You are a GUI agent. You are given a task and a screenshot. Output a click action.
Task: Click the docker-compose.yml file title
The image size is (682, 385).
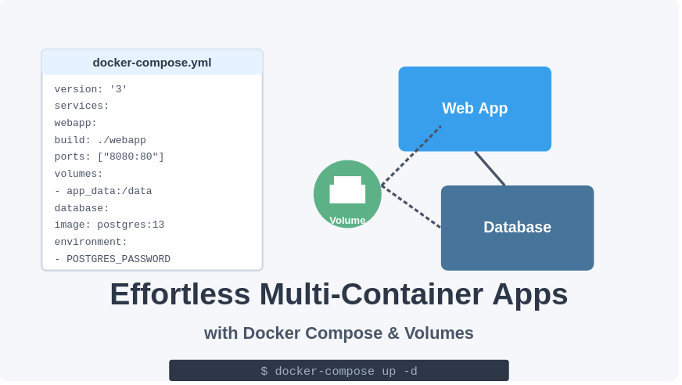[x=152, y=63]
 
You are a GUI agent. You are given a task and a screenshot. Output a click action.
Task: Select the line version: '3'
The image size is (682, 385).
[x=91, y=89]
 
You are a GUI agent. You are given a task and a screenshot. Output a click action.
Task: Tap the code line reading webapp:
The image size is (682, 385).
[x=76, y=123]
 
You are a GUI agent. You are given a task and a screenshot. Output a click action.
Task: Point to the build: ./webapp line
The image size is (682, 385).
[x=100, y=140]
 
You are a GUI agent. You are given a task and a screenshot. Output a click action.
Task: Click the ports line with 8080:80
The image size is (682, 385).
[x=109, y=157]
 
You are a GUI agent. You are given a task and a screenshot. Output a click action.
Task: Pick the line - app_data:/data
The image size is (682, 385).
[x=103, y=191]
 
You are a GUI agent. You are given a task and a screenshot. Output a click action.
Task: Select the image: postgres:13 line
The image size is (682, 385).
[x=109, y=225]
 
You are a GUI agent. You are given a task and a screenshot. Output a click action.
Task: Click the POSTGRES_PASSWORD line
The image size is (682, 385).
[x=112, y=259]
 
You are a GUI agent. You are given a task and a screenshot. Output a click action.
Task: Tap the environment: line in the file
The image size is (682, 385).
[x=91, y=242]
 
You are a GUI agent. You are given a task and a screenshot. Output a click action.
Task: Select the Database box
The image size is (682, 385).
[x=517, y=228]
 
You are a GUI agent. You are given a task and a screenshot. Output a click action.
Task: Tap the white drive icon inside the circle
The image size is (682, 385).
[x=347, y=190]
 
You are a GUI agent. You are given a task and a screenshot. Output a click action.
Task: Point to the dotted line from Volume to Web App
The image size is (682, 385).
[x=411, y=156]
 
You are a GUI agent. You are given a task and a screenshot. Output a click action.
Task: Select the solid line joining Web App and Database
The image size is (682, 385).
[x=490, y=168]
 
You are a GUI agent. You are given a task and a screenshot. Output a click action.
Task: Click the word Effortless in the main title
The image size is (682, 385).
[x=180, y=294]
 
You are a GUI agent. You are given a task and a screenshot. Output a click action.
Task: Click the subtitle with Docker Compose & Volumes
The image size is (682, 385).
[x=339, y=333]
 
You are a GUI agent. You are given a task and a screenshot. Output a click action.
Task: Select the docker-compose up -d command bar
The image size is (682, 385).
[x=339, y=371]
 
